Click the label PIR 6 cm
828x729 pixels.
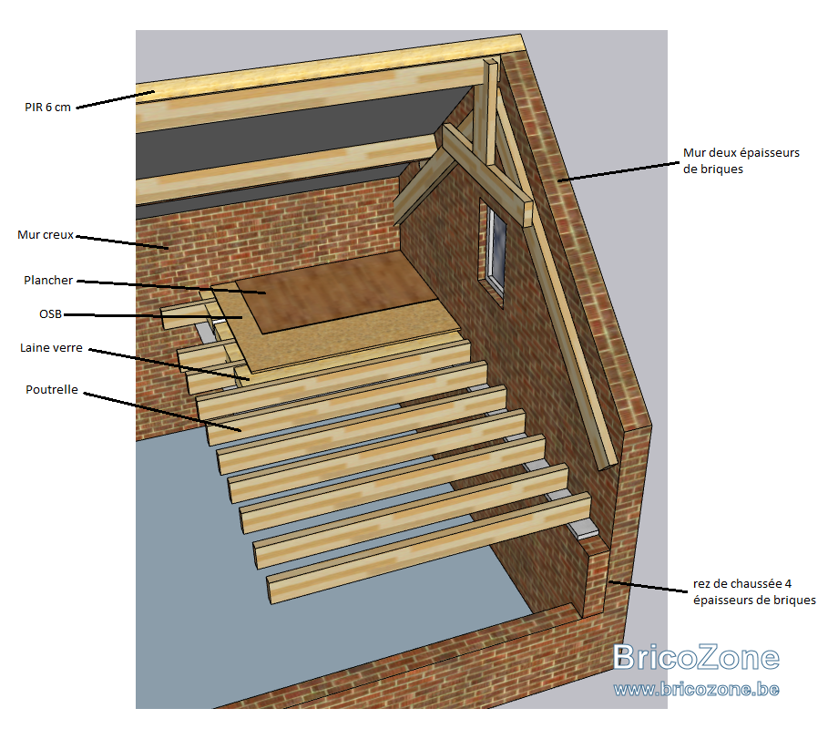pyautogui.click(x=47, y=108)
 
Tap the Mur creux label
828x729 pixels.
pyautogui.click(x=46, y=234)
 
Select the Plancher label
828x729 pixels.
pyautogui.click(x=48, y=280)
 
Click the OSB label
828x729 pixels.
pyautogui.click(x=51, y=313)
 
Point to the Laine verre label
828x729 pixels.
pyautogui.click(x=51, y=347)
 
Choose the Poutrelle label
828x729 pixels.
pyautogui.click(x=52, y=389)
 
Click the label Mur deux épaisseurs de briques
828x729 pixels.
pyautogui.click(x=741, y=160)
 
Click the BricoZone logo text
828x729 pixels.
pyautogui.click(x=696, y=657)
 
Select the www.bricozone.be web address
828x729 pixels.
pyautogui.click(x=696, y=689)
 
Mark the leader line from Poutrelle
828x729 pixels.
pyautogui.click(x=162, y=412)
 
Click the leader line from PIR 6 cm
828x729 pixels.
pyautogui.click(x=115, y=99)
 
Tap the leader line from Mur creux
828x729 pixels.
pyautogui.click(x=122, y=242)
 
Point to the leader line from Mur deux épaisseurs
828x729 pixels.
pyautogui.click(x=618, y=172)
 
